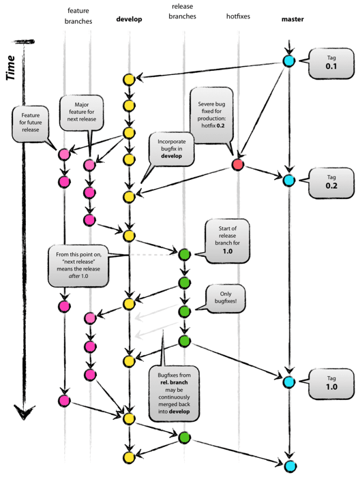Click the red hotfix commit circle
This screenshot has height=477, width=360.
[x=237, y=164]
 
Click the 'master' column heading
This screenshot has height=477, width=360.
[x=292, y=19]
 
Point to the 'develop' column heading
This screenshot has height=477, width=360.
[x=129, y=19]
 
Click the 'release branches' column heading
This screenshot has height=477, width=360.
[x=183, y=15]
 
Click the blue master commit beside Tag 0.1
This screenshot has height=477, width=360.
[x=289, y=61]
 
